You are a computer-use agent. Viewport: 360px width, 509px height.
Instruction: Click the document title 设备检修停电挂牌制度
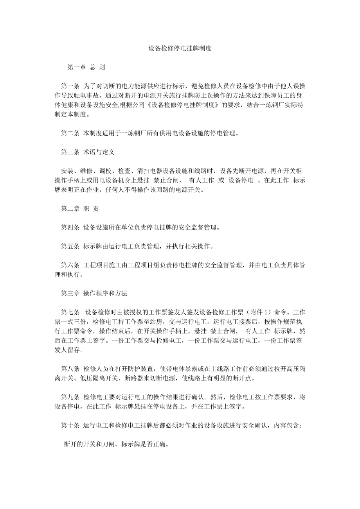click(180, 49)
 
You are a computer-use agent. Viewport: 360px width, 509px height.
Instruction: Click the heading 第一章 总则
click(86, 67)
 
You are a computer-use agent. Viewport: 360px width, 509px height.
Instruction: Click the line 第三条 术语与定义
click(88, 152)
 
